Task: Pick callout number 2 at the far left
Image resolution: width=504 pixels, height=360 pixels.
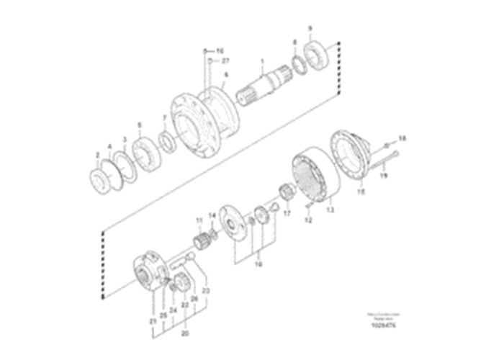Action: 97,155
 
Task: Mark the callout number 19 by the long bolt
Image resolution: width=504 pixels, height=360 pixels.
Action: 383,175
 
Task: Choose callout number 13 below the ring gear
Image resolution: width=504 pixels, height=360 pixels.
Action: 331,211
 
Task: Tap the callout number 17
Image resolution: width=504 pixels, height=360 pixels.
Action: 287,213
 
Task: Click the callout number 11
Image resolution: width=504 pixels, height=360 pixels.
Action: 199,219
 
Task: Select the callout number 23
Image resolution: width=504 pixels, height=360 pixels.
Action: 206,290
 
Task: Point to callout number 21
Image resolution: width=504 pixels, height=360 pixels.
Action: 153,319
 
